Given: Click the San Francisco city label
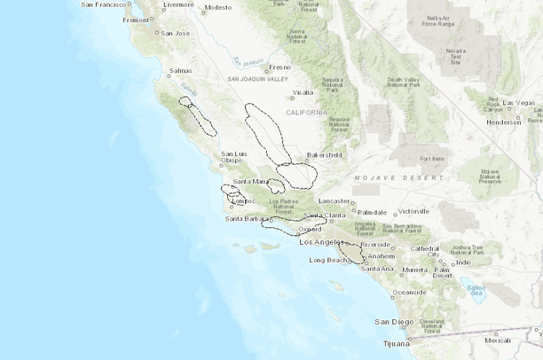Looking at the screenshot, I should [104, 4].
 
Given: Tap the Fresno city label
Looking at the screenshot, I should [279, 67].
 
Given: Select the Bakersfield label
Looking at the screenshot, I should [324, 154].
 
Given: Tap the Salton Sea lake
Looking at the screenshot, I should [476, 291].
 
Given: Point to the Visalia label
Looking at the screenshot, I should [303, 91].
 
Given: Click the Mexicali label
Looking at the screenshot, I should [498, 340].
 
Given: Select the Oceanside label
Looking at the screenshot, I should [409, 292].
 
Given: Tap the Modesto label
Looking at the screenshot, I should [217, 7].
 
